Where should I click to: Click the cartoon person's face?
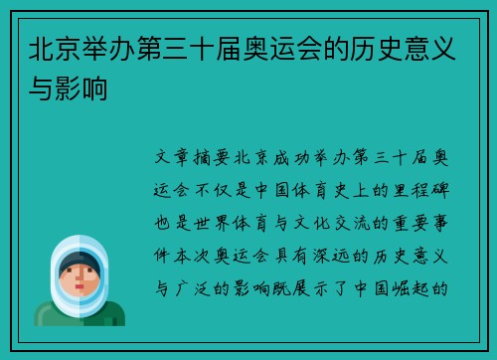79,276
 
